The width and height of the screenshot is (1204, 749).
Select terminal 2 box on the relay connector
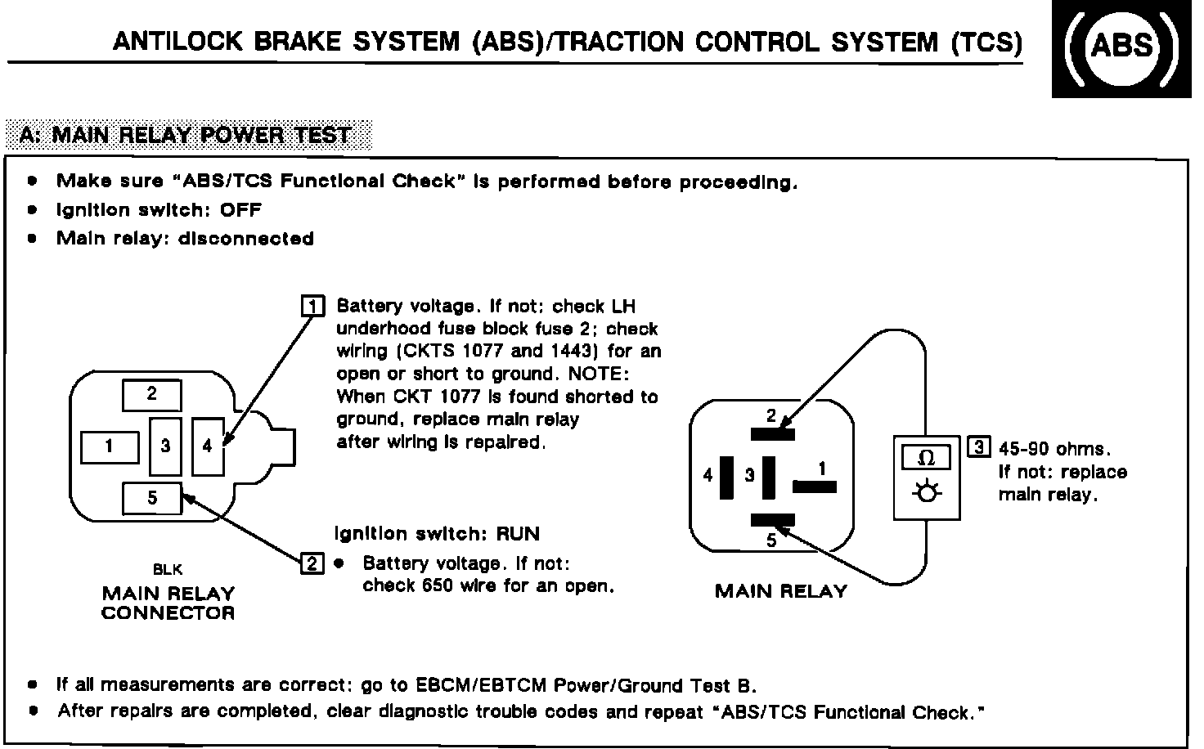[152, 395]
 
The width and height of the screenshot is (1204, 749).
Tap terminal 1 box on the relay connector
[110, 446]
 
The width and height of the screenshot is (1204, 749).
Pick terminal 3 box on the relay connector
[166, 446]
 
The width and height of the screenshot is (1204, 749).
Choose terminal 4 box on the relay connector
[207, 446]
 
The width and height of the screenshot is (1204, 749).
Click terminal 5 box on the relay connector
[152, 498]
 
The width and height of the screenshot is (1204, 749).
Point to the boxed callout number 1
[313, 307]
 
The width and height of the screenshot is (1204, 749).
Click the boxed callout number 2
[313, 563]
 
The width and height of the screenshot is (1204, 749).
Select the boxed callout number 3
[978, 448]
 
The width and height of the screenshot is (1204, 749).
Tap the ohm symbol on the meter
[927, 457]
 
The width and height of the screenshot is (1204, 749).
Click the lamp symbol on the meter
[927, 494]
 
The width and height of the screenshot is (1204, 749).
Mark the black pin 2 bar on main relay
[772, 434]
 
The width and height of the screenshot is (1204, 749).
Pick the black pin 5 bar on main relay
[772, 518]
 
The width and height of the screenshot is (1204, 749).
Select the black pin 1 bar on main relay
[815, 487]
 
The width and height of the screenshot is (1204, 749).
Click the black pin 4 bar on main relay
[726, 477]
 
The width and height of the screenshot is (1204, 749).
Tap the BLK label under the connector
[168, 570]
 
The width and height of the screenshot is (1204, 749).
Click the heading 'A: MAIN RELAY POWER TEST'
[186, 135]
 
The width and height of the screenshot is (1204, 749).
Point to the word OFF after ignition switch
[240, 210]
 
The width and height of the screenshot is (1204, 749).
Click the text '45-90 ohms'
[1053, 450]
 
